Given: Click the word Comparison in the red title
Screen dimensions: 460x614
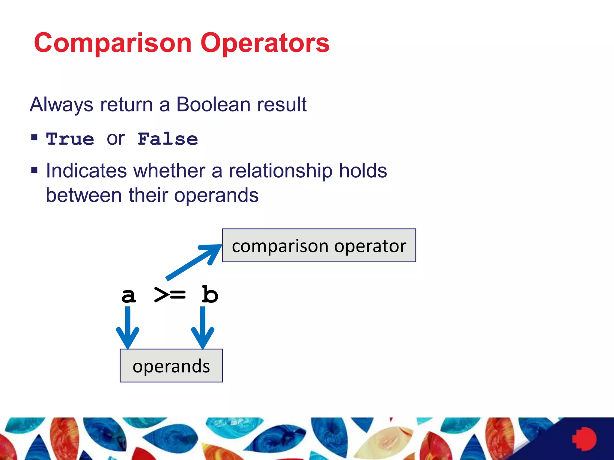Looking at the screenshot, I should [112, 43].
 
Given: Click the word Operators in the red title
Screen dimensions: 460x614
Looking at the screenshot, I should [265, 43].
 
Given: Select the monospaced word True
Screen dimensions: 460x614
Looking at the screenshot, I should [70, 139].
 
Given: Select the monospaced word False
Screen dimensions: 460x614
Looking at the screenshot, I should [168, 139].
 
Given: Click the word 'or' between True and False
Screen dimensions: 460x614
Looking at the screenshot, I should [116, 139].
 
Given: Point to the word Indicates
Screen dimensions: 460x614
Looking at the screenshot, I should [86, 171].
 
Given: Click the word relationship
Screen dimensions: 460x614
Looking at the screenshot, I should [281, 171].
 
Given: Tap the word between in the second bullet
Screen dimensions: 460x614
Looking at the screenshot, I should [84, 195].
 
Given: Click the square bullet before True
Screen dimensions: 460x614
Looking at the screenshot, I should [34, 137].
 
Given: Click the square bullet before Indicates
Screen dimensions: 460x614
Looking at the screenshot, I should [34, 170].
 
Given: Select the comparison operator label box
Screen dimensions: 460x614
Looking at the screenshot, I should [319, 246].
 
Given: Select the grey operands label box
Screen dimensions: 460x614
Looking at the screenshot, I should [171, 366].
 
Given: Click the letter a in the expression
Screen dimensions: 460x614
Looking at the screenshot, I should [129, 295].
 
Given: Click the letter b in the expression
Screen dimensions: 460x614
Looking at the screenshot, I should [210, 295].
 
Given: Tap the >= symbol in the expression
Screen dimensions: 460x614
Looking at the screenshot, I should [170, 295].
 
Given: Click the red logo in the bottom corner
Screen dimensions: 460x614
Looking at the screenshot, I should [585, 439].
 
